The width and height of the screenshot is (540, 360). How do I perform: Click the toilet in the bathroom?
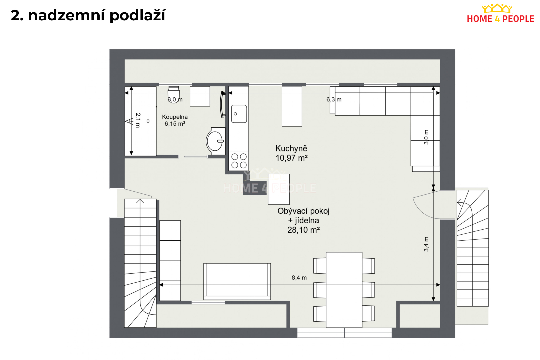(174, 94)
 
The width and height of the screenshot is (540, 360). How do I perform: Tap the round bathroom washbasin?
(216, 141)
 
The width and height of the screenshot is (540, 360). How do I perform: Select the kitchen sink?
(239, 114)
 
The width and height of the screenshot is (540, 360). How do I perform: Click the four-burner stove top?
(239, 161)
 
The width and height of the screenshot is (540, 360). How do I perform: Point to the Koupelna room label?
(175, 117)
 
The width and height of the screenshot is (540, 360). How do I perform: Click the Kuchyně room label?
(291, 148)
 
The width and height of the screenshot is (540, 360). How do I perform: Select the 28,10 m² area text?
(304, 230)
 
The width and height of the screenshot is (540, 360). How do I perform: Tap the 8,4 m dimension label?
(299, 278)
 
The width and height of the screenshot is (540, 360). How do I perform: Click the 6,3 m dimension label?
(334, 99)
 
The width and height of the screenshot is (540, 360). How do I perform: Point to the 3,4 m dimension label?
(426, 244)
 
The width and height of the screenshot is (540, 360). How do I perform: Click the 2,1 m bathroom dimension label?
(138, 120)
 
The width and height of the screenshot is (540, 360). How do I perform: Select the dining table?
(344, 290)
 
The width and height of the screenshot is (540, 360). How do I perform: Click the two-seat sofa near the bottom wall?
(237, 281)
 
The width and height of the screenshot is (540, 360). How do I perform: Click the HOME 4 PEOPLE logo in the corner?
(501, 14)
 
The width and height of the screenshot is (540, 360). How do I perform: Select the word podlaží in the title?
(138, 16)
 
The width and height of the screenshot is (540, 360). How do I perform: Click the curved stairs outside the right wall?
(473, 248)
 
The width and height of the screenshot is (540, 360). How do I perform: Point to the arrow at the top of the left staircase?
(140, 201)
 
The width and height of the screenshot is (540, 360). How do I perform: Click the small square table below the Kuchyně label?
(279, 189)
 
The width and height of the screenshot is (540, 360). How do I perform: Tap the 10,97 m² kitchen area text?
(291, 158)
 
